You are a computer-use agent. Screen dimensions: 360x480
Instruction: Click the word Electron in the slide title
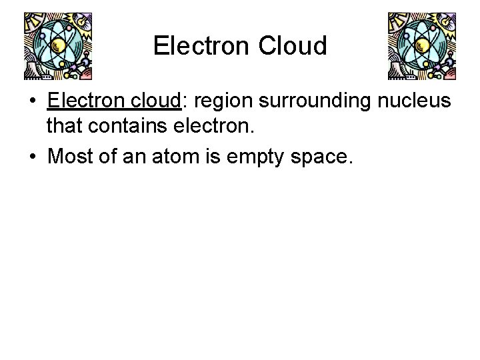pyautogui.click(x=196, y=46)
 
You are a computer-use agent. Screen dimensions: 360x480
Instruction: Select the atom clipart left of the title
pyautogui.click(x=57, y=45)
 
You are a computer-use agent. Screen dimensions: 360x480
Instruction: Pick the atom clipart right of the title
pyautogui.click(x=423, y=45)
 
